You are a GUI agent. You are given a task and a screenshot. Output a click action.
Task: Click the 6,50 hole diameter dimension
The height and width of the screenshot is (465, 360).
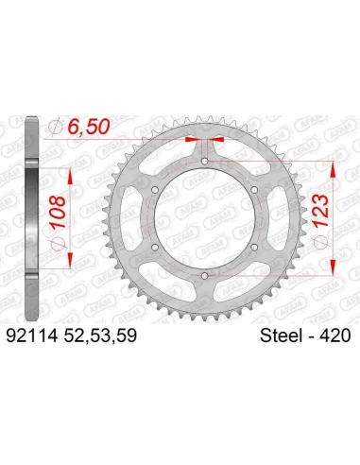(94, 129)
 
